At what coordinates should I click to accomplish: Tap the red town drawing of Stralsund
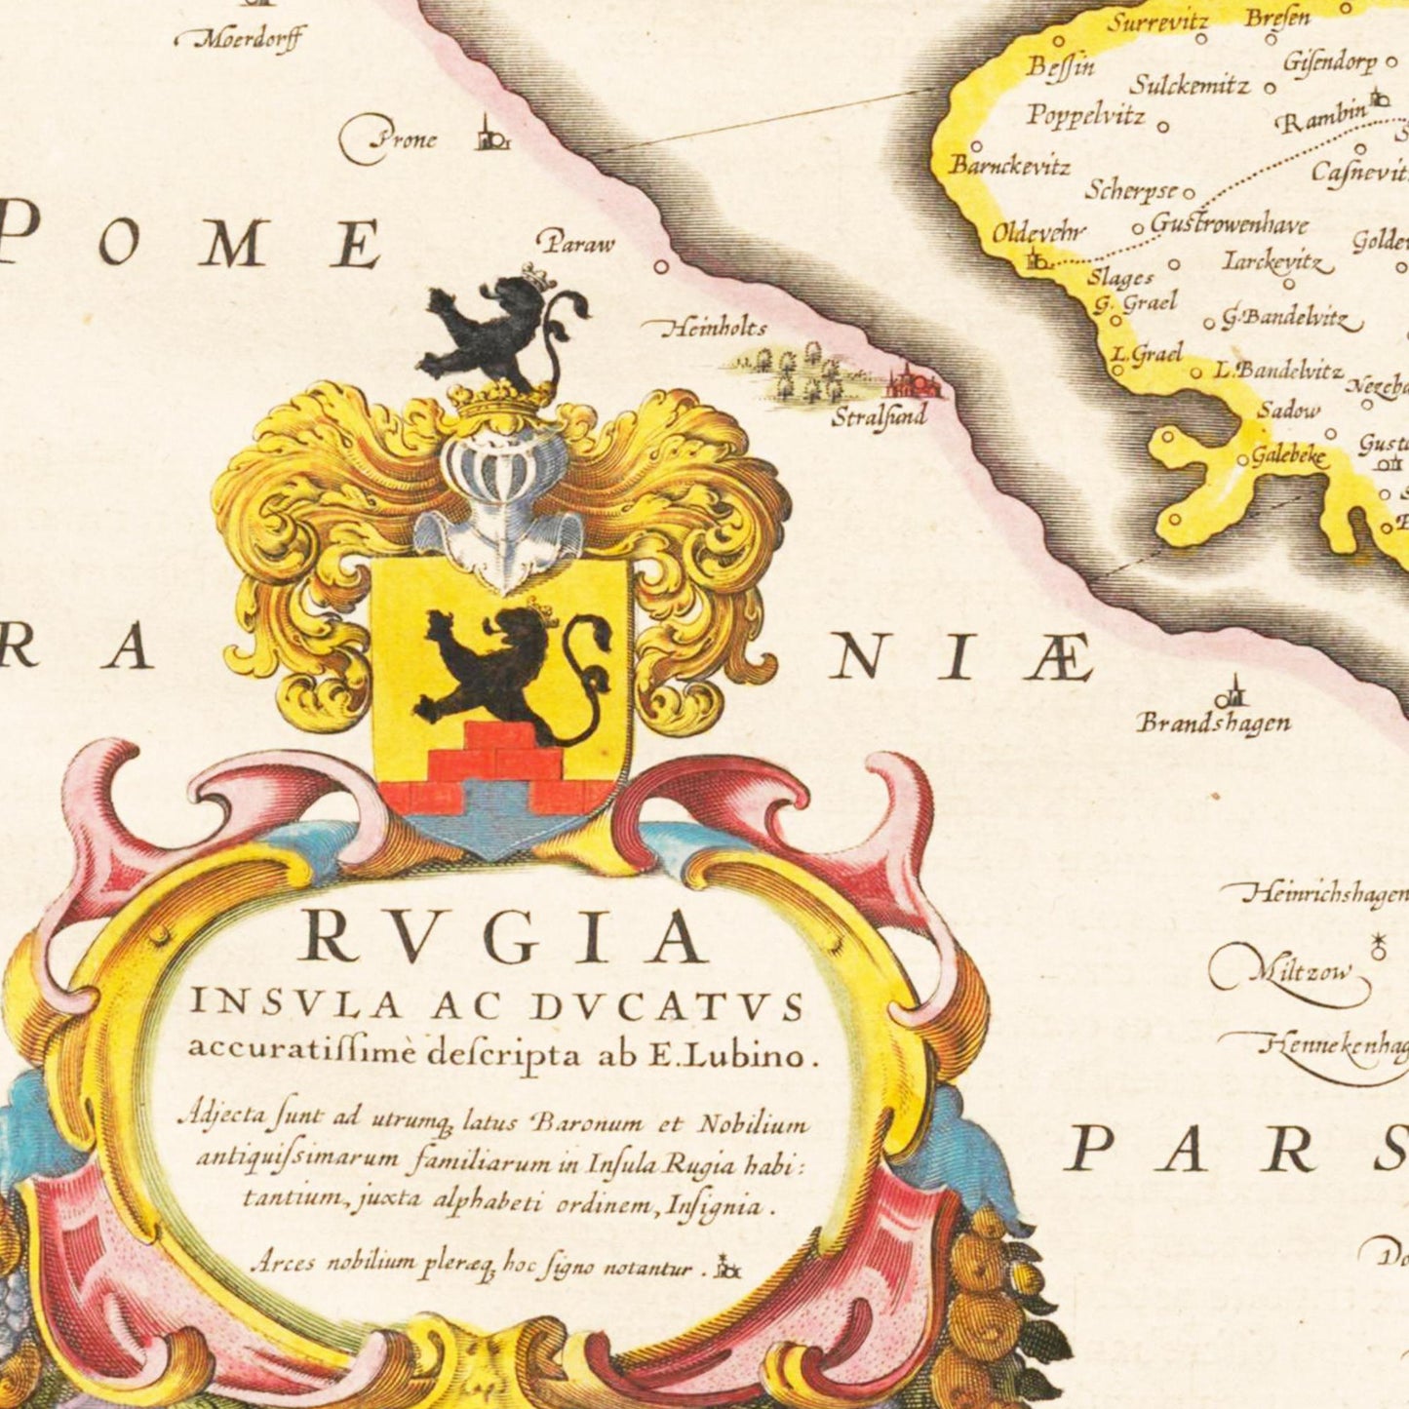click(913, 382)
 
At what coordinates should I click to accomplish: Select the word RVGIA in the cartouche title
click(504, 938)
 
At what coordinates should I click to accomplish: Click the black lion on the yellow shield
click(508, 663)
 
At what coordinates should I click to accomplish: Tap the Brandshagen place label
click(1214, 724)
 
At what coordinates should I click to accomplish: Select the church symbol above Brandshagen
click(1231, 694)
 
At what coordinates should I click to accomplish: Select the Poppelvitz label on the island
click(1084, 115)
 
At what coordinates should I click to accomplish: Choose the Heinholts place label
click(714, 329)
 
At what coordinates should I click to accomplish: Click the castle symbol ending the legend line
click(727, 1267)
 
